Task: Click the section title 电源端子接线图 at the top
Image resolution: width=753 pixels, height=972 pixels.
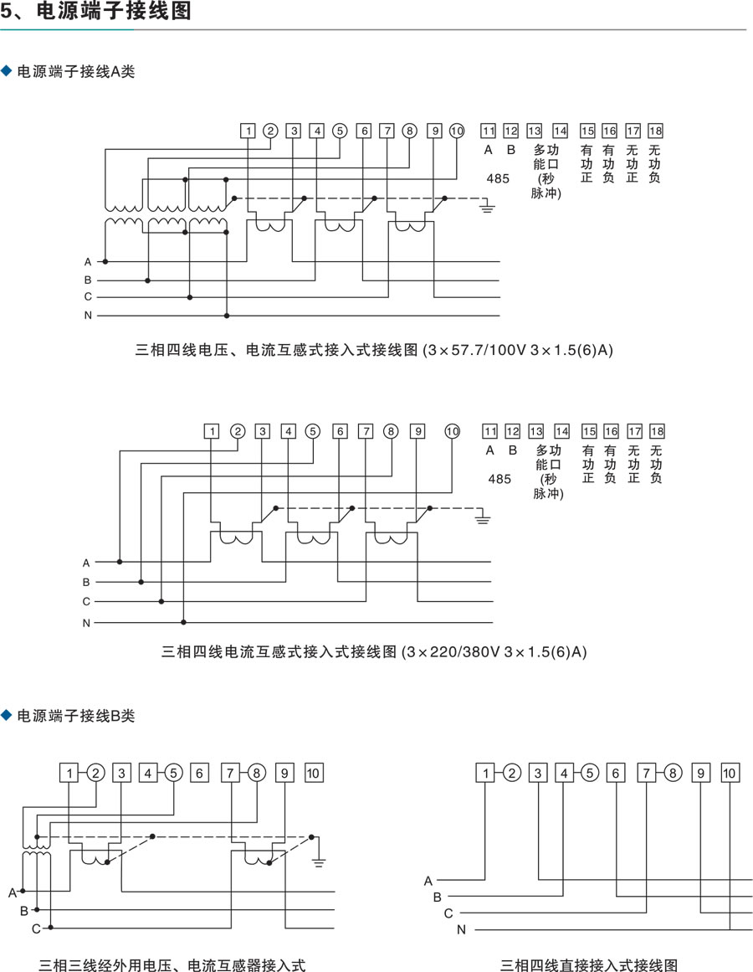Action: pos(113,11)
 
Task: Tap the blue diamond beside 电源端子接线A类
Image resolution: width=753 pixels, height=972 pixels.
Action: pos(7,70)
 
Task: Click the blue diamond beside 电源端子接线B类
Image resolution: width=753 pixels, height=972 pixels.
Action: pos(7,715)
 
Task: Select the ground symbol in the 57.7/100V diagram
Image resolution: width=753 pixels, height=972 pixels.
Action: pos(487,207)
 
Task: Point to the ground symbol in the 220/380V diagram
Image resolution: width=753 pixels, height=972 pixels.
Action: pos(483,516)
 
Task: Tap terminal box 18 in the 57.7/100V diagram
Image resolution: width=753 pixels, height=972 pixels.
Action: pos(655,131)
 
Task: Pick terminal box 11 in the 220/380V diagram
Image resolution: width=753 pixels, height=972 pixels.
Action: pos(489,431)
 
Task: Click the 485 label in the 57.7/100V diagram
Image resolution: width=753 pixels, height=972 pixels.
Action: pos(498,178)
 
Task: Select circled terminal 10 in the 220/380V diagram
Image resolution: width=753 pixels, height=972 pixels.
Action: pos(453,431)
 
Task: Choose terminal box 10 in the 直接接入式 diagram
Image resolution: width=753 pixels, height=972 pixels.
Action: pos(730,773)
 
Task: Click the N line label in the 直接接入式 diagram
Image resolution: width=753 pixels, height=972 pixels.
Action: pos(461,930)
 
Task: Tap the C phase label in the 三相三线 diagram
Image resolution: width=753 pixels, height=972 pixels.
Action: pos(36,928)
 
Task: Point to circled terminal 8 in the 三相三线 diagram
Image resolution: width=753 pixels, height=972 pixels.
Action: pos(256,773)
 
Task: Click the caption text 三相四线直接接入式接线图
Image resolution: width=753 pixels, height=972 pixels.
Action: pos(589,964)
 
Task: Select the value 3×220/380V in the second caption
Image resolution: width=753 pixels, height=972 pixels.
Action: pos(453,652)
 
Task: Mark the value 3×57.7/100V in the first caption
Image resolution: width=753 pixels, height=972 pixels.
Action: pos(476,350)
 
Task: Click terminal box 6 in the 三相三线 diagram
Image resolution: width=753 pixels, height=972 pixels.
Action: pos(199,773)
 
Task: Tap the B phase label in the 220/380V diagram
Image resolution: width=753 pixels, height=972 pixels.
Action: pos(86,582)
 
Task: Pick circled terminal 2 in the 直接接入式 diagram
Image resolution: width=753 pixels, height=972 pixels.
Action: pos(511,773)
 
